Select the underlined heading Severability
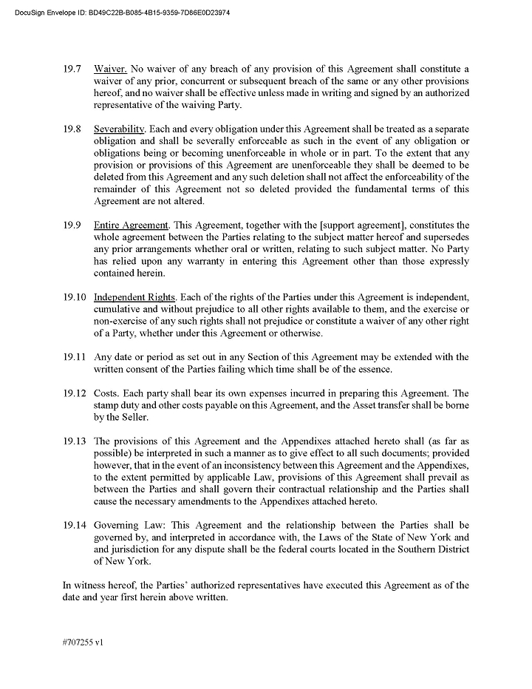pos(119,129)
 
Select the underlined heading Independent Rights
pos(134,297)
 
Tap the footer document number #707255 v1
pos(83,642)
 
